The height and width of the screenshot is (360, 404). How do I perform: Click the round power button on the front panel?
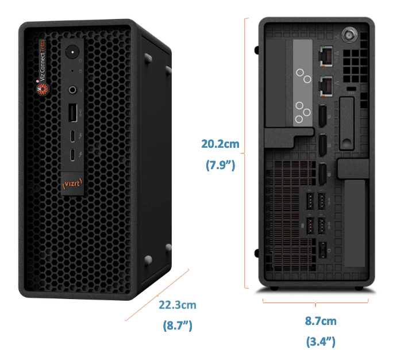pyautogui.click(x=72, y=52)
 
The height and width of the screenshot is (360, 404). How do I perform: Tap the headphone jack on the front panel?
pyautogui.click(x=72, y=90)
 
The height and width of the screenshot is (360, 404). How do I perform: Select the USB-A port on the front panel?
pyautogui.click(x=72, y=113)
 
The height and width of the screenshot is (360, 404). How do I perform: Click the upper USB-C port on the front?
pyautogui.click(x=72, y=136)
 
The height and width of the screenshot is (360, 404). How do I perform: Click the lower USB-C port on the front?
pyautogui.click(x=72, y=155)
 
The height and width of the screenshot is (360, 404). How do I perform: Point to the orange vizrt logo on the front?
pyautogui.click(x=72, y=183)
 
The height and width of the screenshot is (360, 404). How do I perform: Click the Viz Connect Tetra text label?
pyautogui.click(x=43, y=60)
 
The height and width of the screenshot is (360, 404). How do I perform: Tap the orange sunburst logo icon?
pyautogui.click(x=43, y=89)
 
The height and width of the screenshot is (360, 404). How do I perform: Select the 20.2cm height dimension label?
pyautogui.click(x=220, y=144)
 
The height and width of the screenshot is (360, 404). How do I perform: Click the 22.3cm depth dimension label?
pyautogui.click(x=177, y=305)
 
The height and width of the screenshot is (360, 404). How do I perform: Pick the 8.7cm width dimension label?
pyautogui.click(x=321, y=321)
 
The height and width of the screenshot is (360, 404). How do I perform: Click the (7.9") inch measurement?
pyautogui.click(x=220, y=165)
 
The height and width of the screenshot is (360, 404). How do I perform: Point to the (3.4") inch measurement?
pyautogui.click(x=321, y=342)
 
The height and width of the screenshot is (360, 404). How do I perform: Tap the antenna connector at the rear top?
pyautogui.click(x=349, y=35)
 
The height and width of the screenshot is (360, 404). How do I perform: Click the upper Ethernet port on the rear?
pyautogui.click(x=326, y=56)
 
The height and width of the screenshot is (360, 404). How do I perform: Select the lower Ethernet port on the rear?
pyautogui.click(x=326, y=86)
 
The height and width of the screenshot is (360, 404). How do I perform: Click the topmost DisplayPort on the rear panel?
pyautogui.click(x=322, y=116)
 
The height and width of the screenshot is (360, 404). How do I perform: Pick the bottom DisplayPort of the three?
pyautogui.click(x=322, y=175)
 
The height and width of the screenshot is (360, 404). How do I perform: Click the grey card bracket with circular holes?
pyautogui.click(x=303, y=83)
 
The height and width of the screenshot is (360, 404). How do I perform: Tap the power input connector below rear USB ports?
pyautogui.click(x=322, y=250)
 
